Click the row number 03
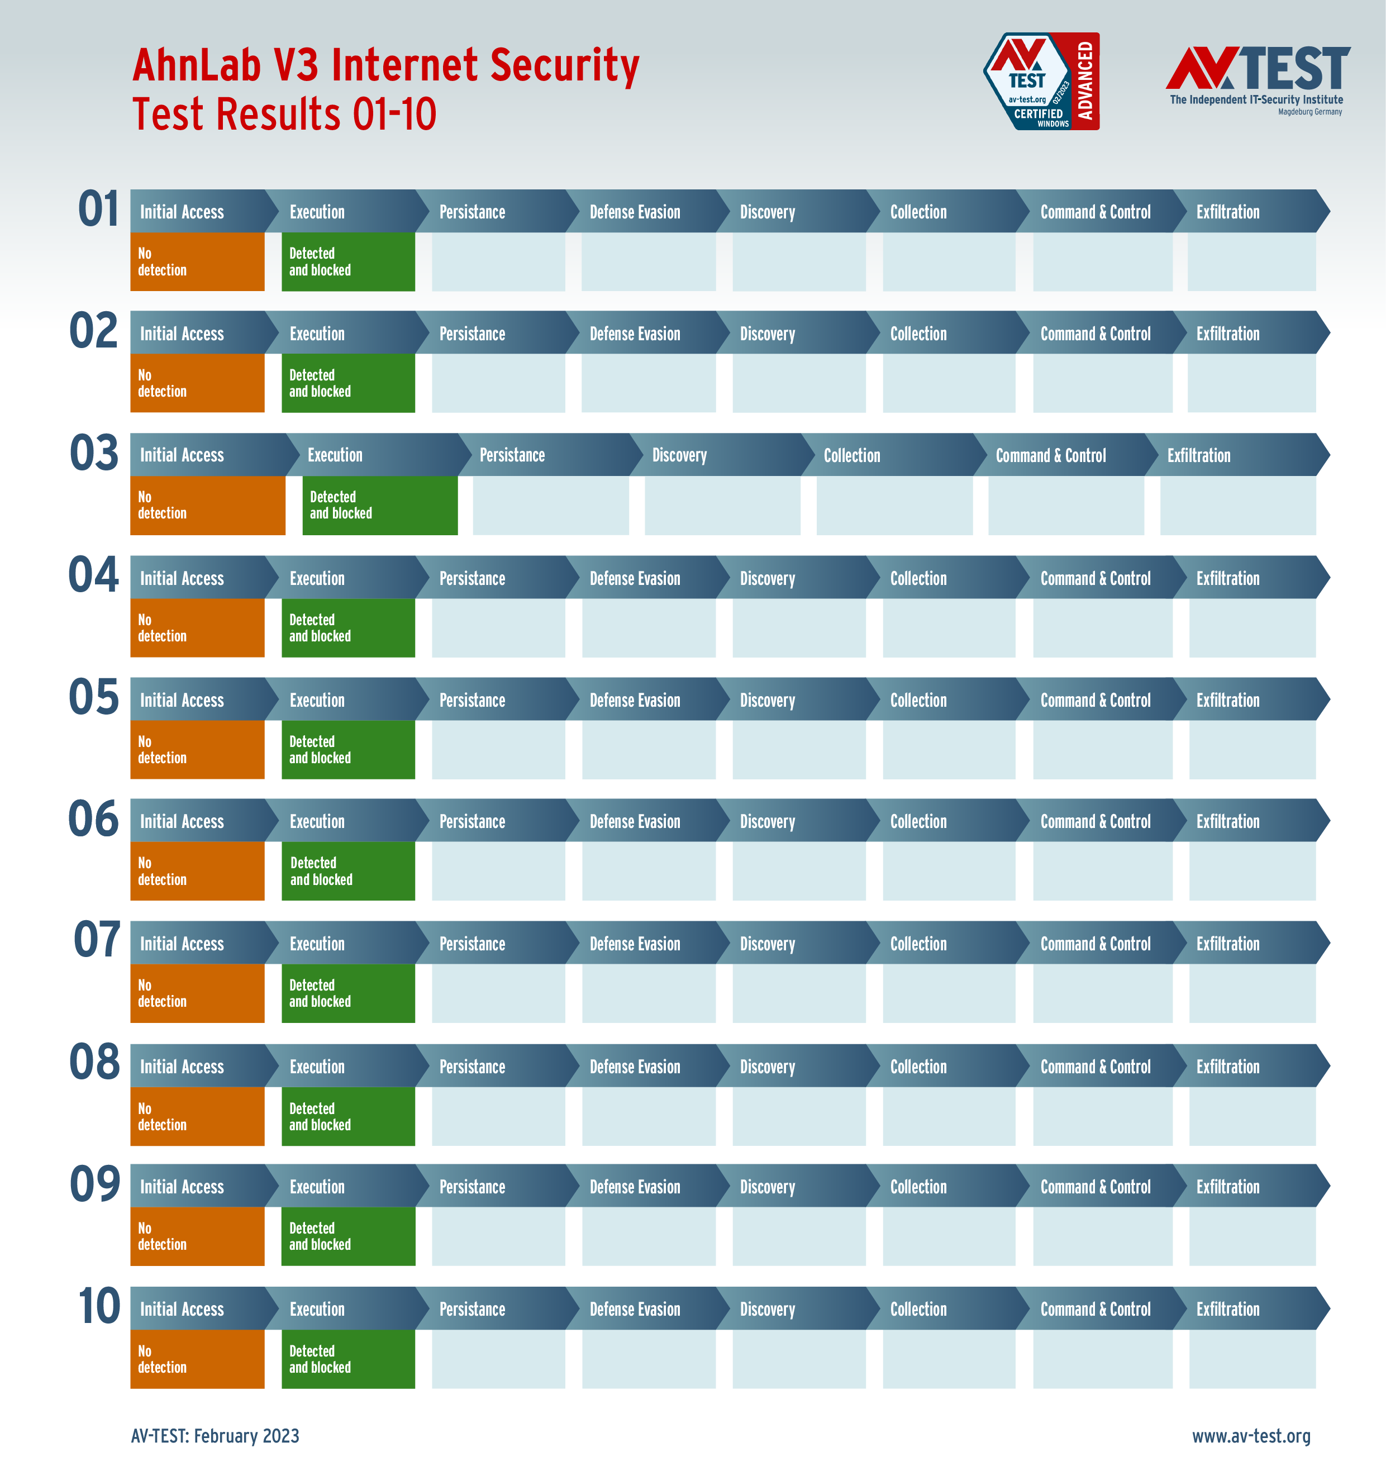94,453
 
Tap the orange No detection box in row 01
197,261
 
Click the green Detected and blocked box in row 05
348,749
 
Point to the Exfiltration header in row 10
1227,1308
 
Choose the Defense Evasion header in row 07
634,944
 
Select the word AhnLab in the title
196,65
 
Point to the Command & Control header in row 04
1095,579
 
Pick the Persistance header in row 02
472,334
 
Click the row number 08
94,1062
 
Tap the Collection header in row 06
918,822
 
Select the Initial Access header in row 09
182,1187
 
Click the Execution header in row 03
335,455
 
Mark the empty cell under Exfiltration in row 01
1251,261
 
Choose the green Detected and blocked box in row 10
348,1359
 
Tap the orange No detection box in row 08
197,1116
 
